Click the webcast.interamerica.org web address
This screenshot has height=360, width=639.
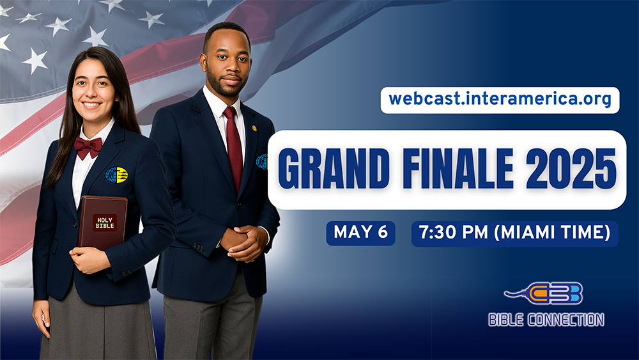coord(500,100)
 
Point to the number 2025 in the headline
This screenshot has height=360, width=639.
coord(571,169)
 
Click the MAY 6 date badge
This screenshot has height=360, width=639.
coord(360,233)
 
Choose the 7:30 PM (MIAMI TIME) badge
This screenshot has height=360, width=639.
coord(514,233)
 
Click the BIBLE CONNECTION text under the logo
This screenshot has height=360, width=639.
coord(546,320)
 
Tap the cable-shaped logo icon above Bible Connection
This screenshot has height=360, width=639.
coord(544,293)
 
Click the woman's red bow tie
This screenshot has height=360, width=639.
coord(88,147)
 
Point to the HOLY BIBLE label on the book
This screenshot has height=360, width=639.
coord(105,223)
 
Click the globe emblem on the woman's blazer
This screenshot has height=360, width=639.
coord(116,175)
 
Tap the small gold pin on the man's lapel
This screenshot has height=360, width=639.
coord(254,128)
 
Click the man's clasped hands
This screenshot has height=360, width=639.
coord(244,242)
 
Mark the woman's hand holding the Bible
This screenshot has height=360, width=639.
coord(89,260)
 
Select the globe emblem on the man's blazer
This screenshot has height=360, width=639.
coord(261,161)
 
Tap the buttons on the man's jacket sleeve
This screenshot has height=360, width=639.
coord(199,247)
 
